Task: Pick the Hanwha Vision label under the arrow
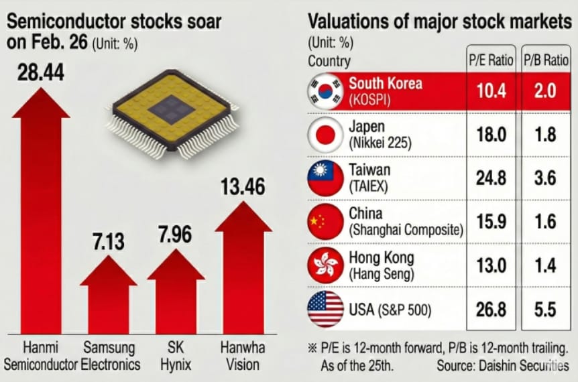click(x=243, y=357)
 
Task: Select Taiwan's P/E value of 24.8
click(x=492, y=178)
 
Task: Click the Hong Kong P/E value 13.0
click(x=492, y=266)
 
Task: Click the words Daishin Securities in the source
click(x=524, y=366)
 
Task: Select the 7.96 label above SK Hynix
click(x=176, y=236)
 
